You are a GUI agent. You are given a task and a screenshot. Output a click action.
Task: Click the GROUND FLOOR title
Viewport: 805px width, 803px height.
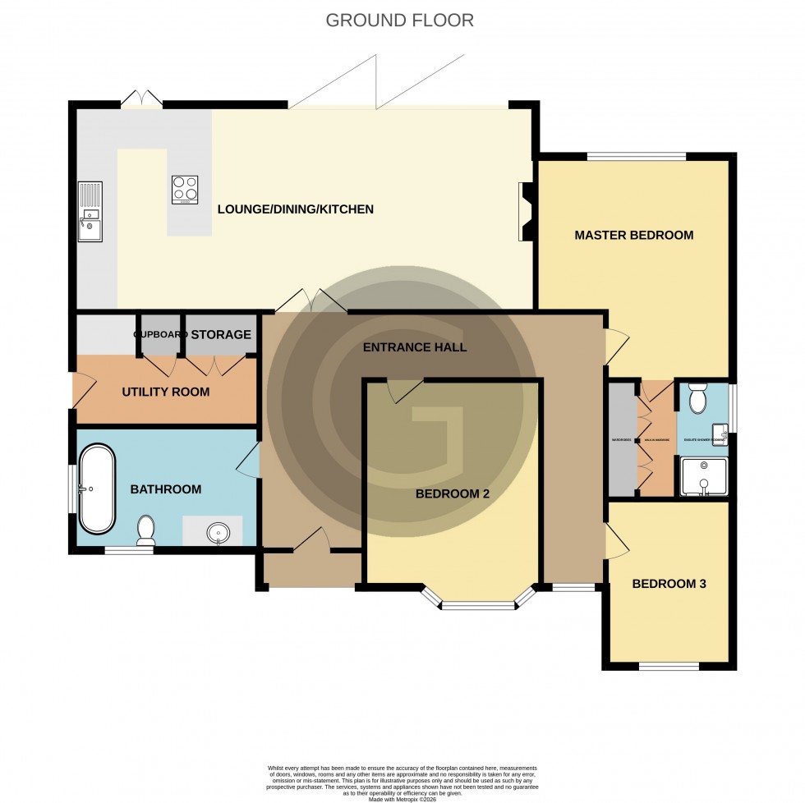(400, 21)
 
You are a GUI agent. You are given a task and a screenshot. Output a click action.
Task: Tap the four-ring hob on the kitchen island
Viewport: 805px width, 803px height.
(185, 190)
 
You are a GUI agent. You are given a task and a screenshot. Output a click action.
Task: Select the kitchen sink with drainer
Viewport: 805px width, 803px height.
(90, 213)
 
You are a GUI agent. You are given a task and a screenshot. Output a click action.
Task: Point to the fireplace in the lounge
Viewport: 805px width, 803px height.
(525, 211)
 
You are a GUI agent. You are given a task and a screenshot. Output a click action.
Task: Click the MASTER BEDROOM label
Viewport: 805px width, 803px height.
(633, 236)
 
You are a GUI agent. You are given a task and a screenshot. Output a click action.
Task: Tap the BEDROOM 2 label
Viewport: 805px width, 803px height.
(452, 494)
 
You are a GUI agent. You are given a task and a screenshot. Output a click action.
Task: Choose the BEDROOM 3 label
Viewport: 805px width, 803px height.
(669, 585)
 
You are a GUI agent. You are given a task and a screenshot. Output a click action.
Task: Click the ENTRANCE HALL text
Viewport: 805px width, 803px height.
(414, 347)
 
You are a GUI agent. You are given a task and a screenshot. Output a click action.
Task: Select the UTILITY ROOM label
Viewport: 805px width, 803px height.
(165, 392)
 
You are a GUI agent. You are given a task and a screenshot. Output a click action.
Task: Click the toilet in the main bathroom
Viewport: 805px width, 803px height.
(146, 530)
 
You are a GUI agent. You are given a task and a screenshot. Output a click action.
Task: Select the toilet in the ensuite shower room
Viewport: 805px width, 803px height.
(698, 399)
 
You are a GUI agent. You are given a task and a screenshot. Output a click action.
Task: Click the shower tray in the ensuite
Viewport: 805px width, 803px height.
(704, 477)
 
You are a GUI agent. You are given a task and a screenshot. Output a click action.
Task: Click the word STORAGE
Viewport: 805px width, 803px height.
(221, 335)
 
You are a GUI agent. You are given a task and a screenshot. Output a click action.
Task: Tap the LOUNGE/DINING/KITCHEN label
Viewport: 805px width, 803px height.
(295, 209)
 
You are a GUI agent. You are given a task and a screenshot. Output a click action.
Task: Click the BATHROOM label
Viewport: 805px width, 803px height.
(165, 489)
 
